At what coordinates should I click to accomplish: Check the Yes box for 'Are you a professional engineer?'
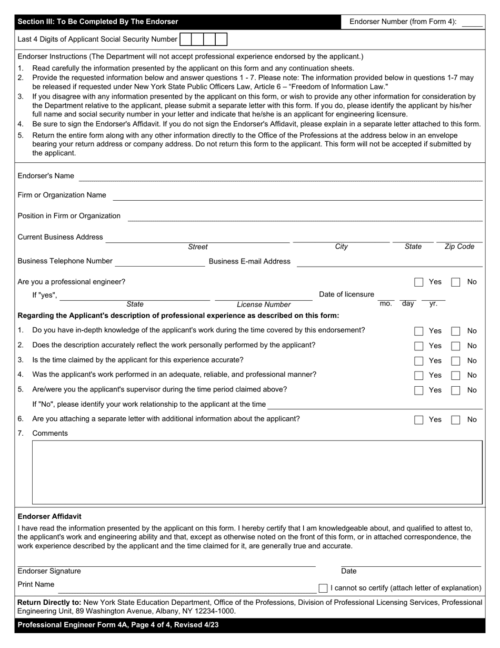418,282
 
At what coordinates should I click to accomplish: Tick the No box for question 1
456,331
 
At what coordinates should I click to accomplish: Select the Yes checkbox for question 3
418,361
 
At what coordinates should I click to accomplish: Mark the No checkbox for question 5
456,390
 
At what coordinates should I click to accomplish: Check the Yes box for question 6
418,420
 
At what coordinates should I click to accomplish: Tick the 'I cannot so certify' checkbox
323,588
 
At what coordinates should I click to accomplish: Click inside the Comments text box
257,472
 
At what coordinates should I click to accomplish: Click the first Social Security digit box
185,40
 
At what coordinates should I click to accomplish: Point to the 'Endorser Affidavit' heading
49,516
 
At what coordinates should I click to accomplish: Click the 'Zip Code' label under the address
459,247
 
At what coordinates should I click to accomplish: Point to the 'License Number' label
263,305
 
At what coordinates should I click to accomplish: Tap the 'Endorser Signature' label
49,571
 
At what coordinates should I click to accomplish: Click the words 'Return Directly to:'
49,602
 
